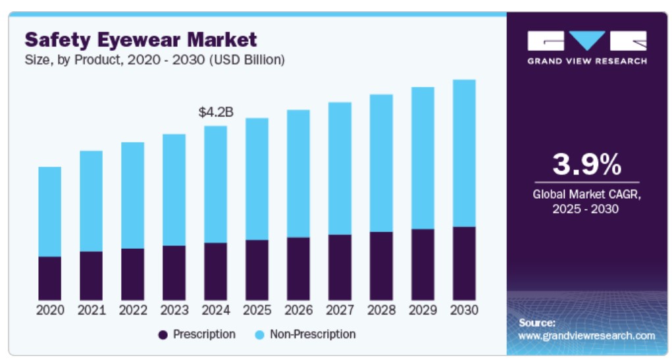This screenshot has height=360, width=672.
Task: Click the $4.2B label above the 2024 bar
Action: (x=216, y=113)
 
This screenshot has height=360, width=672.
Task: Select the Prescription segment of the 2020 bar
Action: (x=49, y=278)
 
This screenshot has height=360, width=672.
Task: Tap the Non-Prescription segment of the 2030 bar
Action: (x=464, y=153)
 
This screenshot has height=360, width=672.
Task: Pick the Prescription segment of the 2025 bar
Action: (x=257, y=270)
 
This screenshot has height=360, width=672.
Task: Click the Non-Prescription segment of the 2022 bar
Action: (x=132, y=195)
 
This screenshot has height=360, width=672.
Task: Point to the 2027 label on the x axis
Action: (x=340, y=309)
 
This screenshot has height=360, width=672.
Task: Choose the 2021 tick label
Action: (x=91, y=309)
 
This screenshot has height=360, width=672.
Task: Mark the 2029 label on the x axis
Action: (x=423, y=309)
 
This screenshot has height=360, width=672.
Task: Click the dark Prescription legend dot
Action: (x=163, y=335)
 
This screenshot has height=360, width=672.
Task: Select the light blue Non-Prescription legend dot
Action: (x=259, y=335)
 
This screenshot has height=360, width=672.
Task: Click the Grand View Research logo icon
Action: (x=586, y=41)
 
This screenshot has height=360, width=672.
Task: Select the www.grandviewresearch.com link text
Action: (x=586, y=336)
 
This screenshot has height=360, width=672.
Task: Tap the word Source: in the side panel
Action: (x=537, y=322)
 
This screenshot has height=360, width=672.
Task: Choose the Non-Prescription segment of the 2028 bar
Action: (x=381, y=163)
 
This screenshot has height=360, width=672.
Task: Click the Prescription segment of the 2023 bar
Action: (x=174, y=272)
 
